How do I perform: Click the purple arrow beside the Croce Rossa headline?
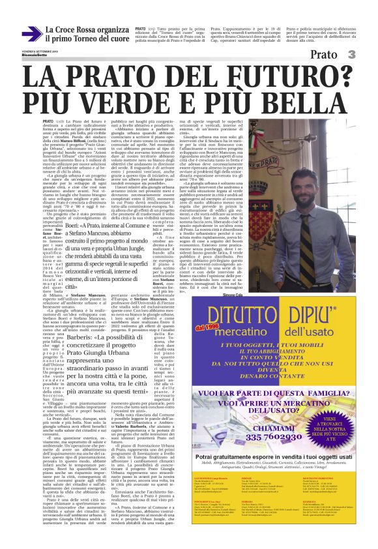pos(32,35)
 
